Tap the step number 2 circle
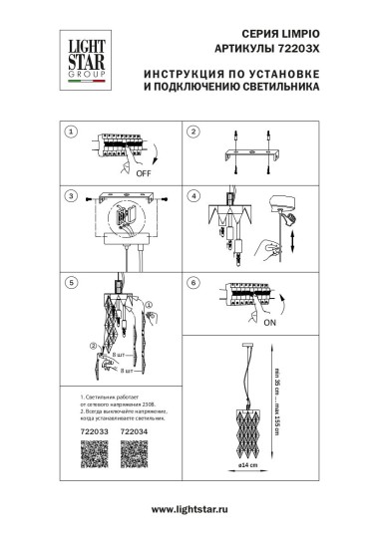(195, 133)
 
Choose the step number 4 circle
(195, 195)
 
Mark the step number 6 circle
(195, 282)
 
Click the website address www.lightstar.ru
(189, 511)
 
